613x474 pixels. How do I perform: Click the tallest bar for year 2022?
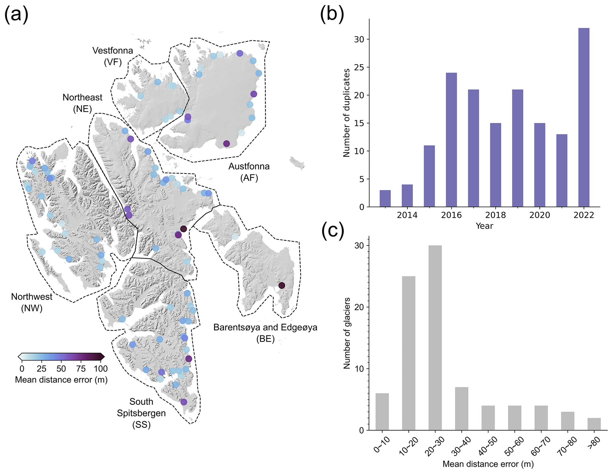tap(583, 117)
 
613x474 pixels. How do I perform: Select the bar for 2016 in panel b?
tap(451, 139)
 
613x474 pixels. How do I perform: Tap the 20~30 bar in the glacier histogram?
tap(435, 337)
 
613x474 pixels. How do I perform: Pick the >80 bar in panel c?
tap(594, 424)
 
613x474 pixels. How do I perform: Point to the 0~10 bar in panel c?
tap(382, 411)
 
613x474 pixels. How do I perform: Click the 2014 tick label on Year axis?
tap(407, 215)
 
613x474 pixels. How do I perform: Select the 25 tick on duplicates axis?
tap(359, 67)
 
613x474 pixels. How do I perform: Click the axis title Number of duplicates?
tap(346, 113)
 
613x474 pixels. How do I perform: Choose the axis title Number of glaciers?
tap(346, 333)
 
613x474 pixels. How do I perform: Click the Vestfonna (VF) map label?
tap(113, 56)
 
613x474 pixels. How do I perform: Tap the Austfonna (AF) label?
tap(249, 172)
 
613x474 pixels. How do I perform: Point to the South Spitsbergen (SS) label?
tap(141, 413)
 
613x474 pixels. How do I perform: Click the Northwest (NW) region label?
tap(32, 302)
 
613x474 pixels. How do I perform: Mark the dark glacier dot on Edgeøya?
tap(281, 286)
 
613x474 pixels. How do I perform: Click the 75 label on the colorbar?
tap(81, 369)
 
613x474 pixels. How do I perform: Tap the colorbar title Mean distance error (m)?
tap(61, 380)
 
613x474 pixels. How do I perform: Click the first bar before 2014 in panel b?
tap(385, 198)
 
